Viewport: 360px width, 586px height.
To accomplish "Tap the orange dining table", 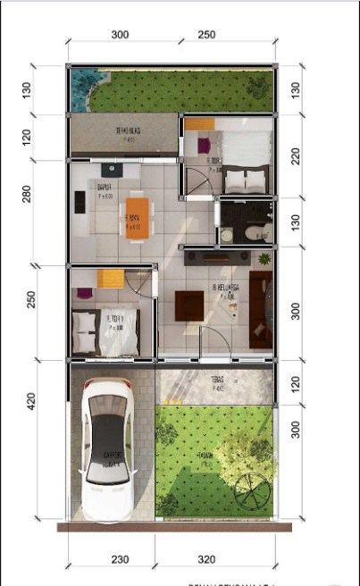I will (x=133, y=216).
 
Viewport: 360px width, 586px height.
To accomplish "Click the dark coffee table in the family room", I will (x=189, y=305).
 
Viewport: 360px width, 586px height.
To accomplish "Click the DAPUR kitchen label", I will (x=105, y=187).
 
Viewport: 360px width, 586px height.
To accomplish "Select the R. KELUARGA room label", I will (x=224, y=288).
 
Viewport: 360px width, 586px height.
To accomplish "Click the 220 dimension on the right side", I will (x=296, y=156).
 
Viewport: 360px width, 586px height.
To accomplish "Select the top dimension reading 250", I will (x=205, y=35).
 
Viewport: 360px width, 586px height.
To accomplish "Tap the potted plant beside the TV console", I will (x=263, y=259).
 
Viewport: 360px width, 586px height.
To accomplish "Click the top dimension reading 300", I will (x=121, y=35).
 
